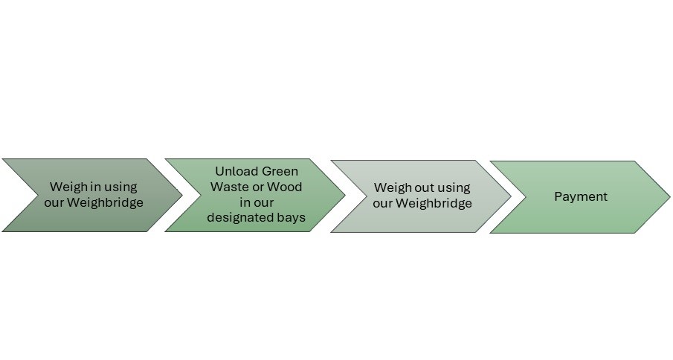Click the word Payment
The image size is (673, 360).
click(x=581, y=197)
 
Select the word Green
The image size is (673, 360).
click(x=280, y=171)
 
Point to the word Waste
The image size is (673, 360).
click(x=227, y=187)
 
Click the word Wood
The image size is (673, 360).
click(x=285, y=187)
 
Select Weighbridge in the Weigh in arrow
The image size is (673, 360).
click(x=105, y=202)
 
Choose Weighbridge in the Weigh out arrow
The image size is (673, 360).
click(x=434, y=203)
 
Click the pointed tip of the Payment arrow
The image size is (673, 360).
click(x=669, y=197)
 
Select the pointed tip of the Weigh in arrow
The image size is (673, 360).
click(x=182, y=196)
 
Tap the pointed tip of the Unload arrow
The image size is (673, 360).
click(x=344, y=196)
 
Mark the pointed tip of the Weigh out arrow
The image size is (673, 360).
click(x=511, y=196)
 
